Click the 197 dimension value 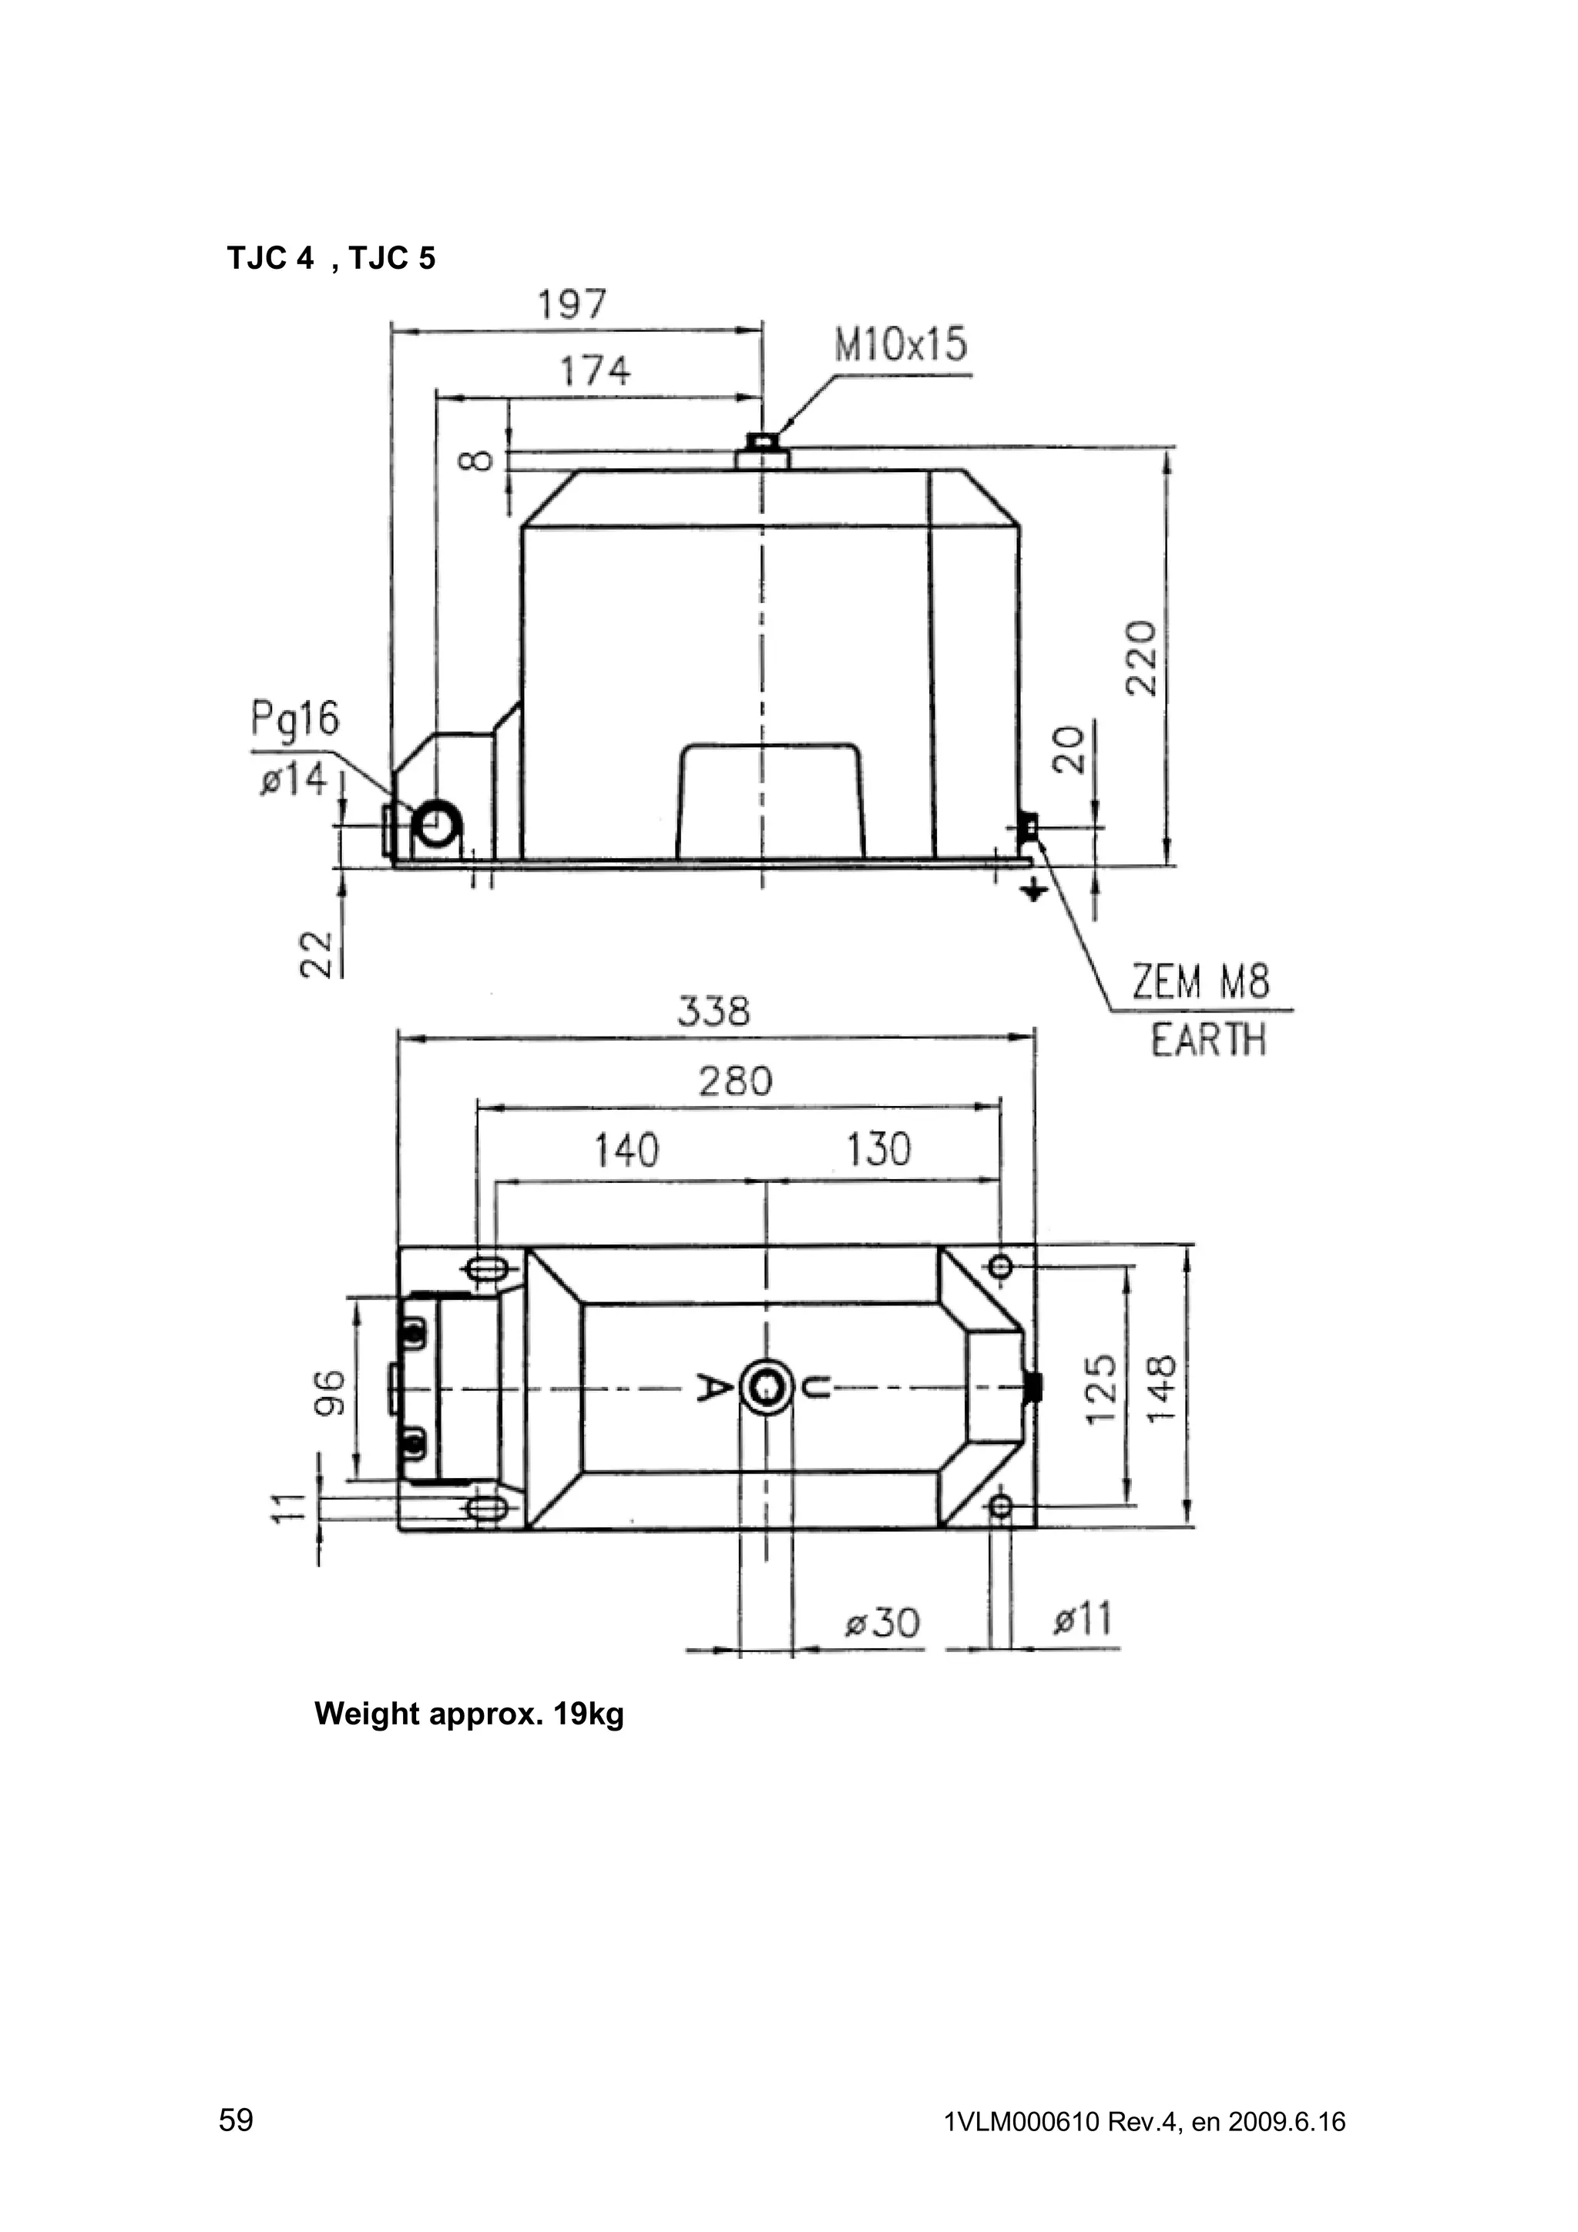[x=572, y=304]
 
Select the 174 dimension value [x=594, y=371]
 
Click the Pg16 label [x=294, y=720]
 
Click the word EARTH [x=1208, y=1041]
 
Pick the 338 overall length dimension [x=713, y=1012]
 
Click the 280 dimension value [x=735, y=1082]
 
